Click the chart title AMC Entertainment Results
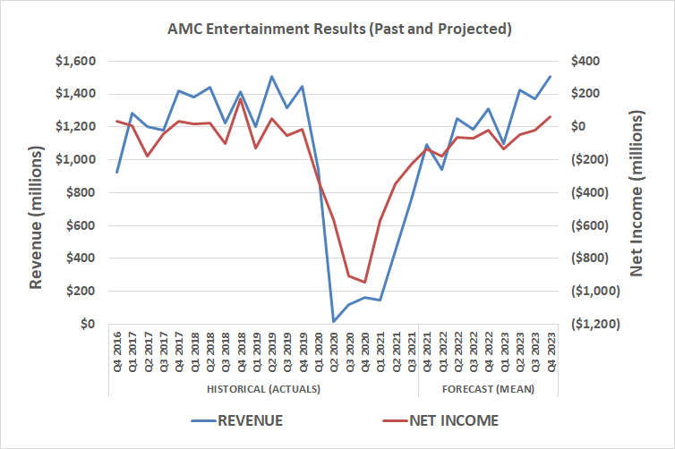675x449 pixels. click(x=339, y=29)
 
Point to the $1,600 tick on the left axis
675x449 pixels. click(x=79, y=61)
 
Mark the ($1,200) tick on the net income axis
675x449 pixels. click(x=595, y=324)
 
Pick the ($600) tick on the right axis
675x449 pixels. click(x=591, y=225)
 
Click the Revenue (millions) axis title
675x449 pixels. click(x=36, y=192)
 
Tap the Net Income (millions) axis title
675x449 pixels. click(x=637, y=192)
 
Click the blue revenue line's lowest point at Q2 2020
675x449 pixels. click(x=334, y=321)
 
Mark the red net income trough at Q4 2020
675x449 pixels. click(x=364, y=283)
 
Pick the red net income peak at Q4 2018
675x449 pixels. click(x=241, y=99)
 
